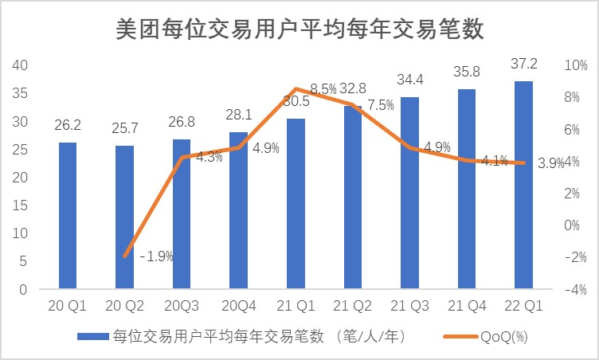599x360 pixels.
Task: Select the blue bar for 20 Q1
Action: (x=68, y=215)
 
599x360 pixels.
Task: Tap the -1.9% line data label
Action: (x=156, y=256)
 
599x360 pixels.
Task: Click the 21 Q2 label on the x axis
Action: (x=353, y=307)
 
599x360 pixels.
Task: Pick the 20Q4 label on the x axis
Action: (x=238, y=307)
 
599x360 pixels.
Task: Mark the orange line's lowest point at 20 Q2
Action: (x=125, y=256)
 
